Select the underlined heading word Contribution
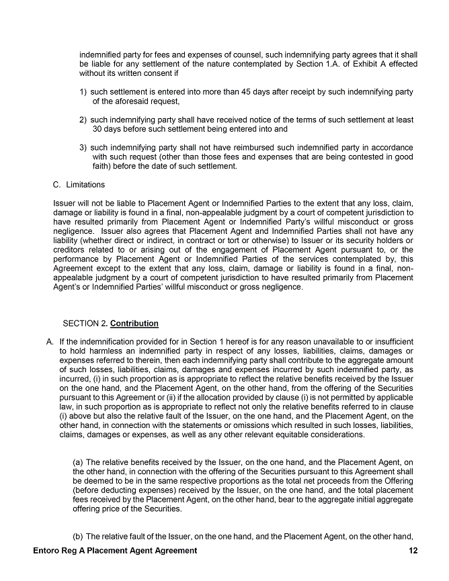[x=134, y=323]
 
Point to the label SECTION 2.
[x=85, y=323]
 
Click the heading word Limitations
[x=85, y=184]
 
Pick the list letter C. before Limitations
[x=56, y=184]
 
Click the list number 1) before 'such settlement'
[x=83, y=91]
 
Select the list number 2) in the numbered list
[x=83, y=119]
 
